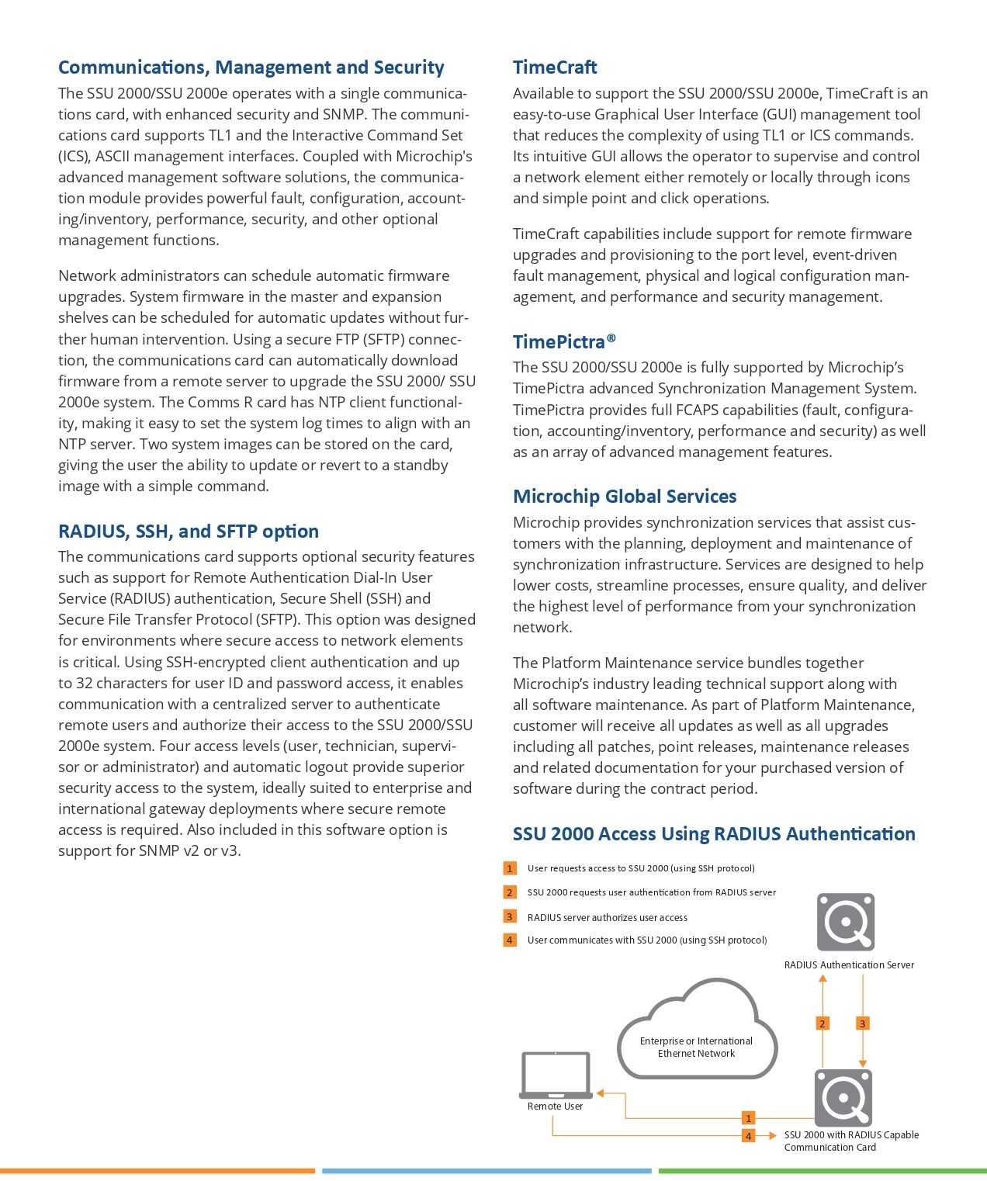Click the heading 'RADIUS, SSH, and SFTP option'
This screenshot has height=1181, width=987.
point(189,532)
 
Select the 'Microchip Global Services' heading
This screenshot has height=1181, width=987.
point(625,497)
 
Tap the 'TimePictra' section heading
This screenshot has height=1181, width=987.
point(564,342)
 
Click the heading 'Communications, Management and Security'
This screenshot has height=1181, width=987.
point(251,68)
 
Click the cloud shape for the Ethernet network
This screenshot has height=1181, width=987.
point(696,1032)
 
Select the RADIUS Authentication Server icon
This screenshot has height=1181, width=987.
point(846,922)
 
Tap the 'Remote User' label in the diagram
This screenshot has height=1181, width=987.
point(555,1107)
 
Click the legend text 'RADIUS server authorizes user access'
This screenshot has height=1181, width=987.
point(607,917)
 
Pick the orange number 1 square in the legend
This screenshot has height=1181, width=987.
point(510,868)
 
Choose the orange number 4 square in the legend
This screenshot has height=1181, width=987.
point(510,940)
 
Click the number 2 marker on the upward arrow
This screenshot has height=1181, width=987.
point(822,1023)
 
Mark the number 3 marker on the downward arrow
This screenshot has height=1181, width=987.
point(862,1023)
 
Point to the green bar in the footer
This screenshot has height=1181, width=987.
point(822,1171)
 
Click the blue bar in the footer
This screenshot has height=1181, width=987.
point(487,1171)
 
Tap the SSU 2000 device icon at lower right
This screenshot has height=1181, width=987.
point(843,1097)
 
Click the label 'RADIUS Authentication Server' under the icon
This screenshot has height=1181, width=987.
point(849,965)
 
